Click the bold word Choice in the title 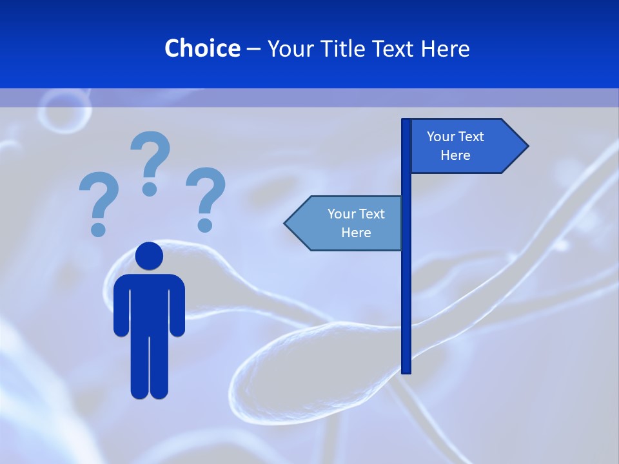(202, 48)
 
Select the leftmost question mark (99, 202)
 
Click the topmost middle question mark (150, 162)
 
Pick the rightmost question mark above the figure (206, 197)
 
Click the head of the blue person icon (149, 256)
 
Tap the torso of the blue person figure (149, 303)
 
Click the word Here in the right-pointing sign (455, 155)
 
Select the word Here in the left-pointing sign (356, 233)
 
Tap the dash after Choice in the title (253, 49)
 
